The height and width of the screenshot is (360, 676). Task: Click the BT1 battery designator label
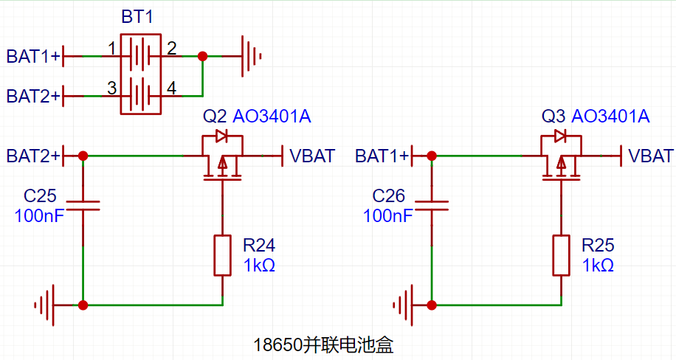(137, 17)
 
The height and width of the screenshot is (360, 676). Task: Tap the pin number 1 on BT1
(112, 49)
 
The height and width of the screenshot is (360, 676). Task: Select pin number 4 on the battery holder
(172, 89)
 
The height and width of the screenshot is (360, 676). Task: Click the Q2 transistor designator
(214, 117)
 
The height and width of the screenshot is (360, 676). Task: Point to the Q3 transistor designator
(553, 117)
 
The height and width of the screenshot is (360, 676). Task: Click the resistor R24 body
(222, 255)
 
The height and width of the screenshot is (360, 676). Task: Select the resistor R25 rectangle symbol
(562, 255)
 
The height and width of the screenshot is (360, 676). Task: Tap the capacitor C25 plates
(83, 206)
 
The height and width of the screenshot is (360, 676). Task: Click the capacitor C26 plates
(432, 206)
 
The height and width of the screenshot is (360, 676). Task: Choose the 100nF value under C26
(388, 215)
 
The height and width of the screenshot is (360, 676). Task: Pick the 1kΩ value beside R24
(259, 266)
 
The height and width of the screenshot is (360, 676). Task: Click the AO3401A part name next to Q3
(610, 117)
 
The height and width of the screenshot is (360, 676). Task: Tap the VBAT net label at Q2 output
(312, 156)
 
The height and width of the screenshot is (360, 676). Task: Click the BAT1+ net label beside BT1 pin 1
(32, 57)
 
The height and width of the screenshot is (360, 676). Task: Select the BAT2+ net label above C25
(32, 156)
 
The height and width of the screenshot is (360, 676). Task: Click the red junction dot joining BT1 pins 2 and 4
(202, 56)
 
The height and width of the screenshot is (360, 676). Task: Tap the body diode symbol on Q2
(221, 136)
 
